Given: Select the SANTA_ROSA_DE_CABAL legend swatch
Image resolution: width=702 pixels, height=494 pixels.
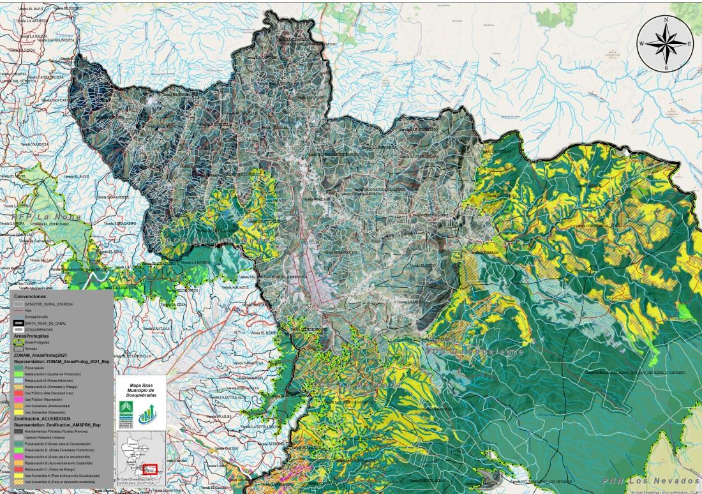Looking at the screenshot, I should coord(19,324).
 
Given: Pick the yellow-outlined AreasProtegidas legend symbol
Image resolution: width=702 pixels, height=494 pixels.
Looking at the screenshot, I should coord(19,343).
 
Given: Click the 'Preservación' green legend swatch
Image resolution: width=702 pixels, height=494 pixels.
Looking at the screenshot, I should coord(19,367).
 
